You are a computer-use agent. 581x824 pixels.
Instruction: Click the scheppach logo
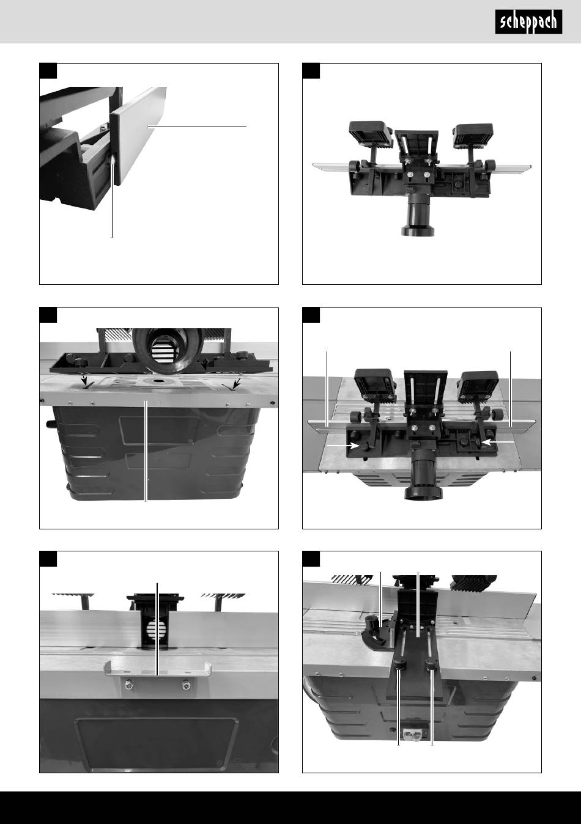point(528,22)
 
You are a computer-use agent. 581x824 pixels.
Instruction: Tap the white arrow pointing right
point(343,446)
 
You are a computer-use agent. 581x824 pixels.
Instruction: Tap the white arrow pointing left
point(497,442)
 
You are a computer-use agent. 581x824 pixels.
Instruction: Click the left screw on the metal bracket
point(129,684)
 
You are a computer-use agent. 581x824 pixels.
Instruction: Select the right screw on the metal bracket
point(185,685)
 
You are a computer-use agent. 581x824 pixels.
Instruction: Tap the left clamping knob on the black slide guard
point(399,664)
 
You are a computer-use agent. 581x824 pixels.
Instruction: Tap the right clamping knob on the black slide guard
point(431,664)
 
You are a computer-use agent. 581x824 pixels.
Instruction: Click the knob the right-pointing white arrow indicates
point(365,446)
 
